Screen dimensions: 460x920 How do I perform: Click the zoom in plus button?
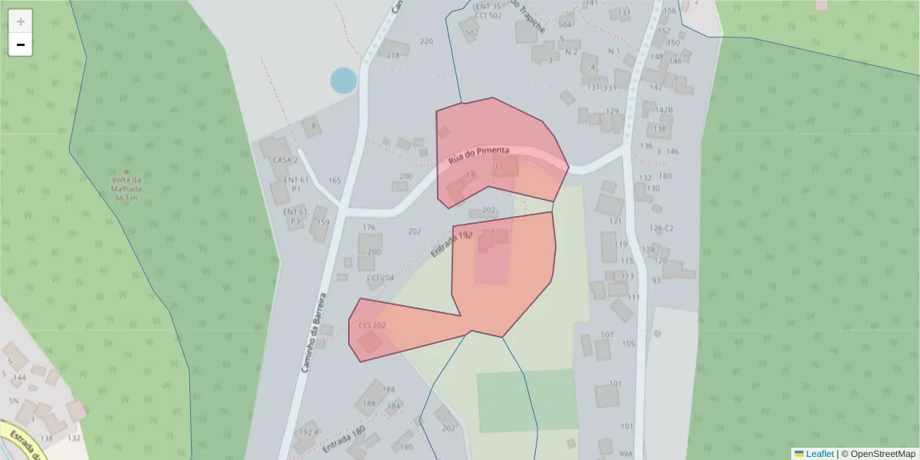(x=21, y=21)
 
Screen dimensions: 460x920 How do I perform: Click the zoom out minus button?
(x=21, y=45)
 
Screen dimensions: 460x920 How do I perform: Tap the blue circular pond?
(x=343, y=80)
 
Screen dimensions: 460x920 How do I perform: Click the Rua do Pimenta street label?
(x=479, y=156)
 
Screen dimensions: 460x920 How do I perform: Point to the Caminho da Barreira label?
(x=314, y=332)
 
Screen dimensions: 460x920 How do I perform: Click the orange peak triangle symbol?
(x=127, y=172)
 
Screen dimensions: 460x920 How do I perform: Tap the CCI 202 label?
(x=372, y=326)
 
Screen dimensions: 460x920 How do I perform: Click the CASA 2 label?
(x=284, y=160)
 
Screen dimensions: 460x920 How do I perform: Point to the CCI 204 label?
(x=380, y=278)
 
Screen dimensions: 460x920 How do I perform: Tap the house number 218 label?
(x=393, y=55)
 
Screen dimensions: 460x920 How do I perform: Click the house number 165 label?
(x=334, y=181)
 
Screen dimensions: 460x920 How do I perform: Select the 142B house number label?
(x=663, y=110)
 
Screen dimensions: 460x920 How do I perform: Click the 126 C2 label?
(x=661, y=228)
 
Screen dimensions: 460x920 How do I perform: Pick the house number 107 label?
(x=607, y=335)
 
